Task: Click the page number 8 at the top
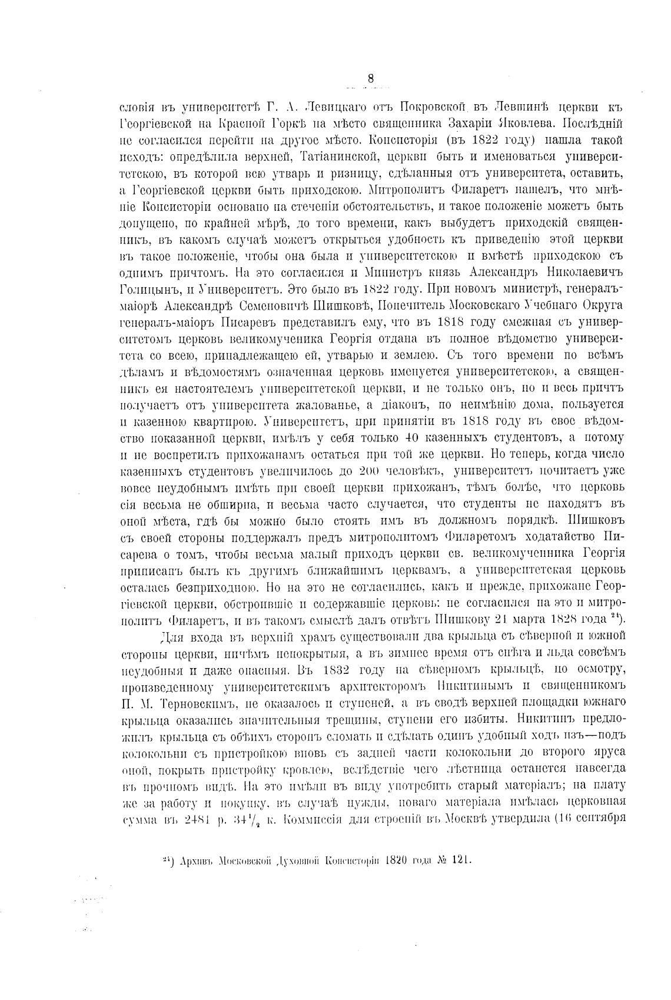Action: click(x=370, y=78)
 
